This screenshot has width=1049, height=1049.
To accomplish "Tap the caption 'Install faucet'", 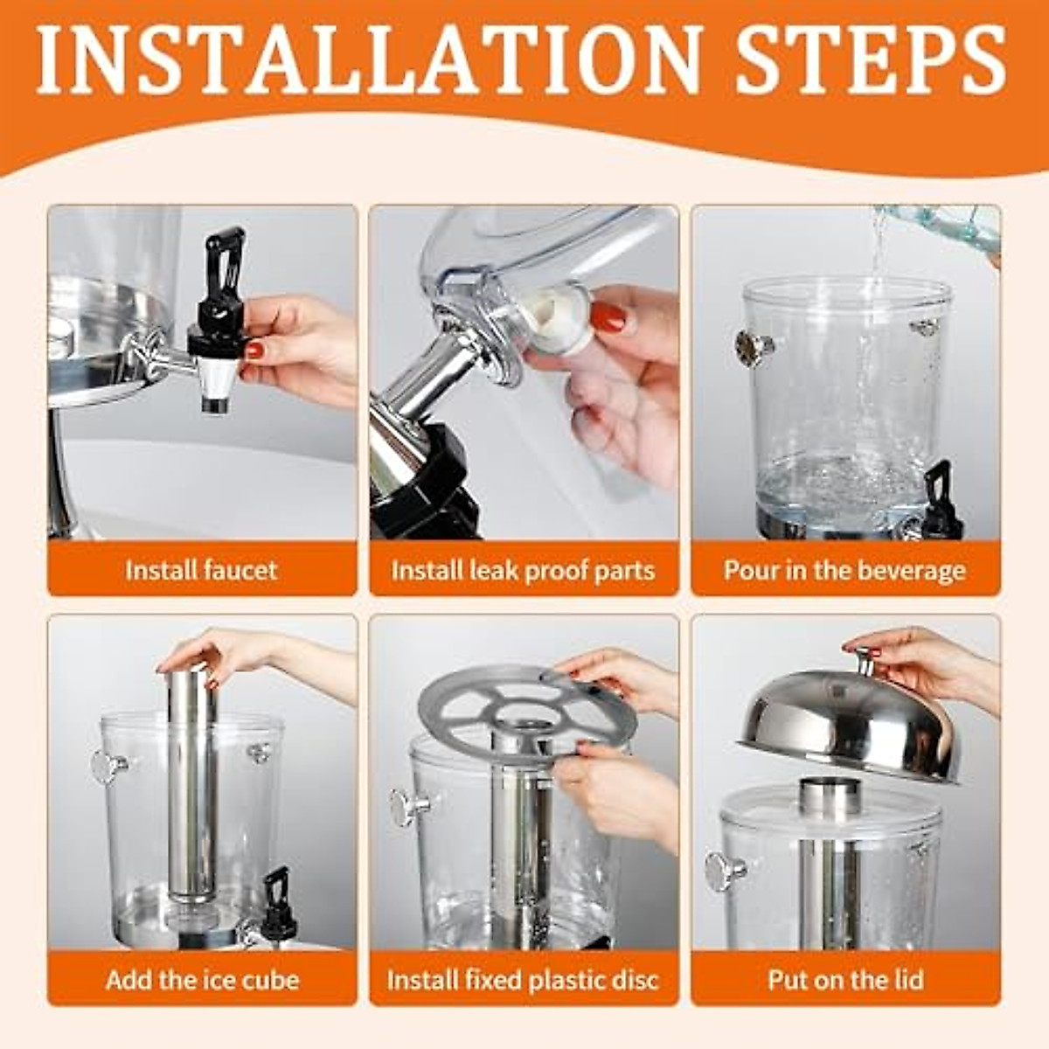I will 201,570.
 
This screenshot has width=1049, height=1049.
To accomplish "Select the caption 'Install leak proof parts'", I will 523,570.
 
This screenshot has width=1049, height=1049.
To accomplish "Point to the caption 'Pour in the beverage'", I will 844,570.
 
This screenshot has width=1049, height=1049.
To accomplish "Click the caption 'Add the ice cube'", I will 202,979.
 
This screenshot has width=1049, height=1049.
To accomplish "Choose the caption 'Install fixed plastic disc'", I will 523,979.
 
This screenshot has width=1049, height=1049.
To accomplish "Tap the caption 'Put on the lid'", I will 844,979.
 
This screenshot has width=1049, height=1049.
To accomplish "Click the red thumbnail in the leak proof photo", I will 608,316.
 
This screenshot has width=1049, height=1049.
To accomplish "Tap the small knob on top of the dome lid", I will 866,662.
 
